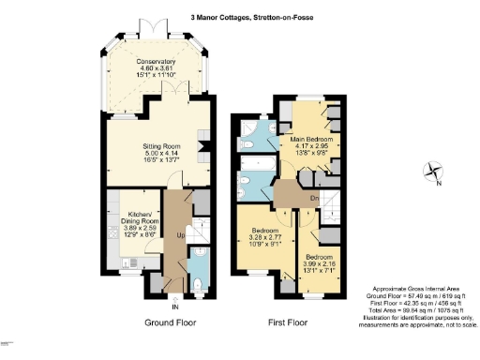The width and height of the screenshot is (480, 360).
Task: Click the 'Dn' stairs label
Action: pyautogui.click(x=316, y=197)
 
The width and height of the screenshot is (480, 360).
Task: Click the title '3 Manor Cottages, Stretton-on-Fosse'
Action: pyautogui.click(x=240, y=15)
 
